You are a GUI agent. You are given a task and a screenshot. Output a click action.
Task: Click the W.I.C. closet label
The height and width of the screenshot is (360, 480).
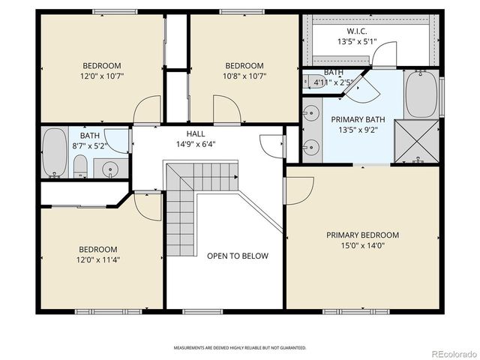(x=356, y=31)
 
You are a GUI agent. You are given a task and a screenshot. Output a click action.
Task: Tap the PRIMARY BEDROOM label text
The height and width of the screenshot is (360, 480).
(x=362, y=235)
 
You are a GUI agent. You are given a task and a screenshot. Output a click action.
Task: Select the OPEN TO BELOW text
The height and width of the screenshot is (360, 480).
(x=237, y=256)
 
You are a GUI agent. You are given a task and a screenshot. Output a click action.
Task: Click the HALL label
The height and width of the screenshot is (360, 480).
(x=195, y=133)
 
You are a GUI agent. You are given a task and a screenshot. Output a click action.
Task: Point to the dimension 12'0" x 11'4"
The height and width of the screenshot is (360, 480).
(x=99, y=260)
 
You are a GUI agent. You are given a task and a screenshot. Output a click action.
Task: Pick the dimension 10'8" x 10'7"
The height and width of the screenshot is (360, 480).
(x=244, y=76)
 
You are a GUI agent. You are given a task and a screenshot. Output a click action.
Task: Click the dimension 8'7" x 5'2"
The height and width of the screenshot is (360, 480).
(x=90, y=146)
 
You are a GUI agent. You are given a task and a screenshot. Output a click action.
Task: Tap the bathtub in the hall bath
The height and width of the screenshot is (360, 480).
(x=54, y=151)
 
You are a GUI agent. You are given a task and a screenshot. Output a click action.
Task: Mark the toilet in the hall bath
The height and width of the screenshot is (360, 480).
(x=81, y=168)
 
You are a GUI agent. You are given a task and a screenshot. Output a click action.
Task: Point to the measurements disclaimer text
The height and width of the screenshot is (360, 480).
(x=240, y=348)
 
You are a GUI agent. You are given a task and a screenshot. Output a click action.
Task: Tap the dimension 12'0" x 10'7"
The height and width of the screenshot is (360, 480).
(x=102, y=76)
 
